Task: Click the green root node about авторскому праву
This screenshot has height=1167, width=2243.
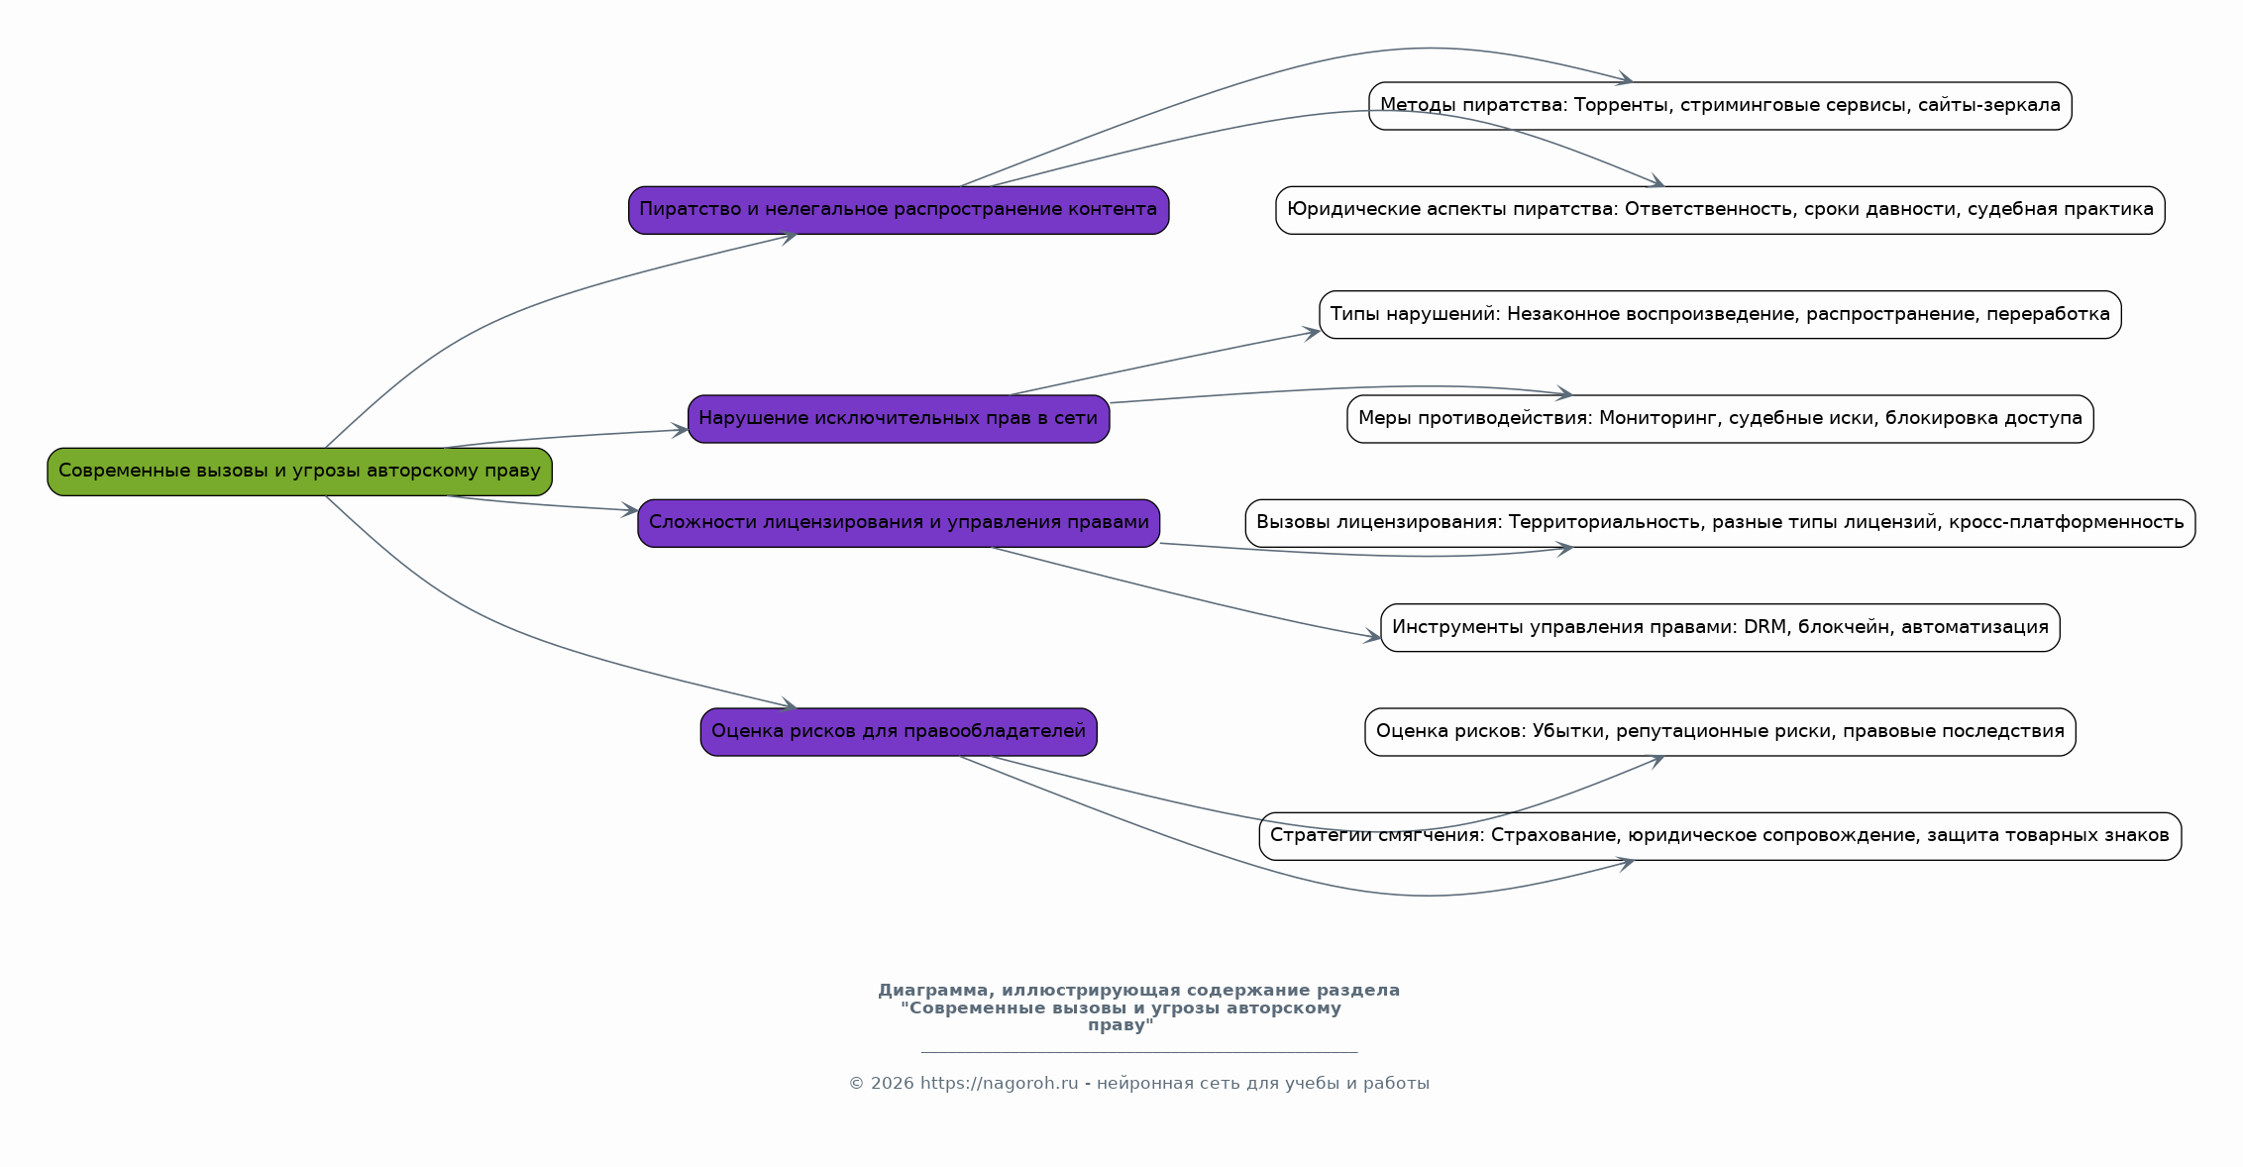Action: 299,472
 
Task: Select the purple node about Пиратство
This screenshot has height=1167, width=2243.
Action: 899,210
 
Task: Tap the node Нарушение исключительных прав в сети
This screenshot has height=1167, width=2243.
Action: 899,419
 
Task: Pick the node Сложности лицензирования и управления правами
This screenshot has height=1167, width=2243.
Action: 899,523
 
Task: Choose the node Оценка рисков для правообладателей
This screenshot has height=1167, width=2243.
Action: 899,732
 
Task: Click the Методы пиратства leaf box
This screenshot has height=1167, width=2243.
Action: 1720,106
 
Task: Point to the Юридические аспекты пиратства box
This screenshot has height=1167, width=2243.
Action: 1720,210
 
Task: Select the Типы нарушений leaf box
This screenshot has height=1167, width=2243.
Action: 1720,315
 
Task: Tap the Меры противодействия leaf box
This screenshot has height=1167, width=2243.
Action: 1720,419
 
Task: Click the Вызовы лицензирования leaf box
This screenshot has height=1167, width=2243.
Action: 1720,523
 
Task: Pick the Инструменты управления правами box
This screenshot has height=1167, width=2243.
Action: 1720,628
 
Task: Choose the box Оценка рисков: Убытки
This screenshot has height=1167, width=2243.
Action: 1720,732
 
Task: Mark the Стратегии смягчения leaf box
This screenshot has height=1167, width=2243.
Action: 1720,836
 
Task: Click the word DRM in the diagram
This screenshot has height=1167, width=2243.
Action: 1766,627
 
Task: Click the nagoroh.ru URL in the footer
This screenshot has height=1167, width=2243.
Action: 999,1084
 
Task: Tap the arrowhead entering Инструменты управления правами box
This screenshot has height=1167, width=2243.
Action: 1372,636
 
